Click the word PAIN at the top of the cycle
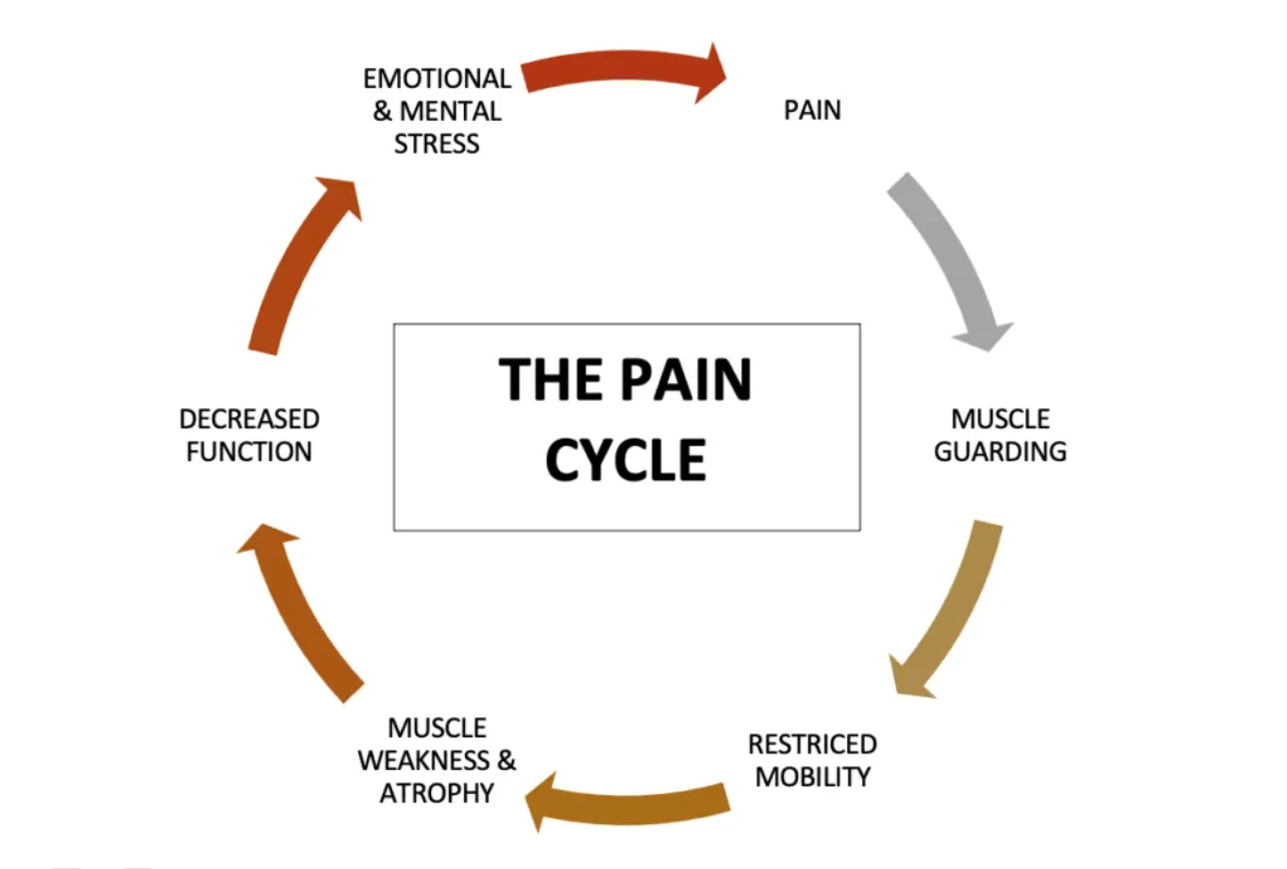812,110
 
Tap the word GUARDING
1001,451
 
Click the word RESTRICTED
812,744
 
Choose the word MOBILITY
812,776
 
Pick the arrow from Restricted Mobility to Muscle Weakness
629,798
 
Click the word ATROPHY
437,793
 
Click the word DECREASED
249,419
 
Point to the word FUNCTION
249,451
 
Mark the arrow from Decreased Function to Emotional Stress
299,264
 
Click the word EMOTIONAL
437,78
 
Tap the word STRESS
437,144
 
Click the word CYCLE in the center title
627,460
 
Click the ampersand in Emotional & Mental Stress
382,111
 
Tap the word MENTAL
450,111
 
